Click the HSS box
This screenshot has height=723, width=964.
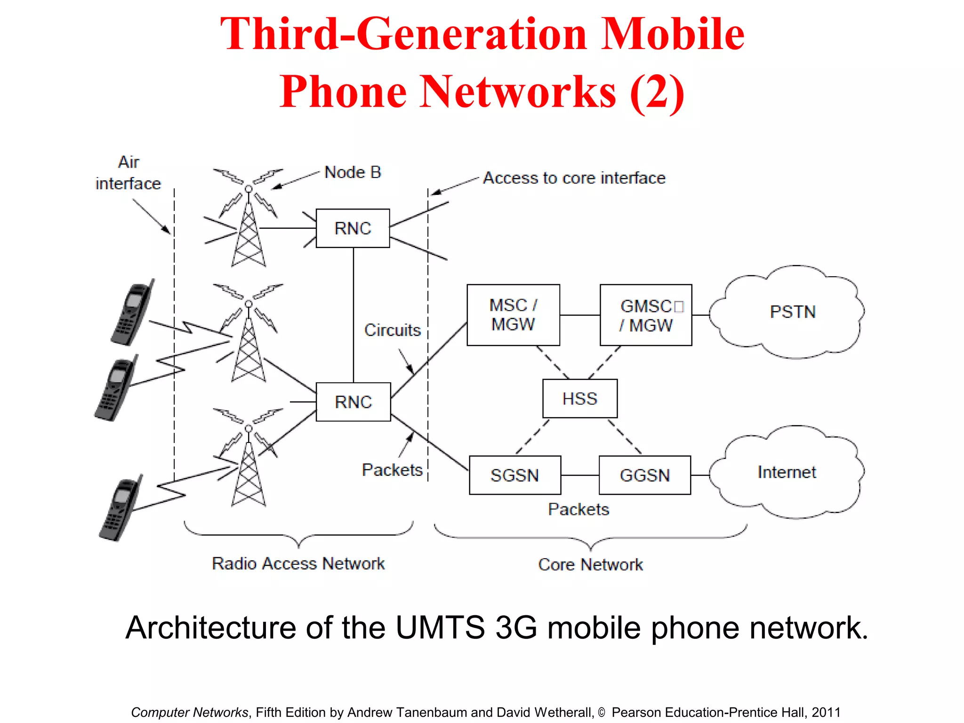click(579, 399)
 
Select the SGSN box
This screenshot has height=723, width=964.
click(514, 475)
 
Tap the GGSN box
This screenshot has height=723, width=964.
click(644, 475)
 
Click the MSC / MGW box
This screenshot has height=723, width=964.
click(513, 315)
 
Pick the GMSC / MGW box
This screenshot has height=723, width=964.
click(646, 315)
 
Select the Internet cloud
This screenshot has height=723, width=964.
click(787, 472)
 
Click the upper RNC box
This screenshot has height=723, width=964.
click(353, 228)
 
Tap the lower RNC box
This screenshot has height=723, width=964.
click(353, 402)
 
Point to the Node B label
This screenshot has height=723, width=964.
click(353, 172)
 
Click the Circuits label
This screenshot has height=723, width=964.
click(392, 330)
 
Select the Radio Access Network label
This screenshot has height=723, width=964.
click(298, 563)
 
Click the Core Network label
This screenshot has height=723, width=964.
click(590, 564)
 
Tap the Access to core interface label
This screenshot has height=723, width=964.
click(574, 178)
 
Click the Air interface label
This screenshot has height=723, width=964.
click(128, 173)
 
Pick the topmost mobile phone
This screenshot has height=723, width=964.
click(132, 313)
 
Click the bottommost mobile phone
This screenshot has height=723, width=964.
click(120, 508)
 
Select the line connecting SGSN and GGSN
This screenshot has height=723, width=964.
click(580, 475)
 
